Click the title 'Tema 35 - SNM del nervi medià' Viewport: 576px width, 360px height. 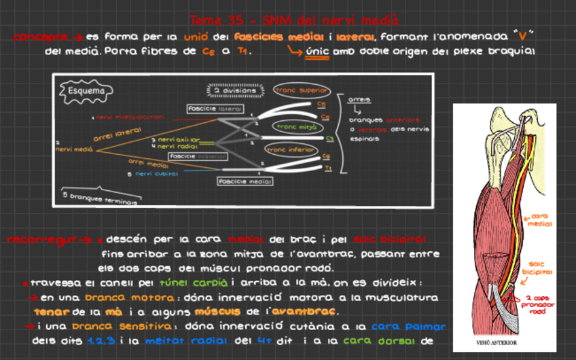[294, 20]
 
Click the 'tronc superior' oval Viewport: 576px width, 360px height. [300, 90]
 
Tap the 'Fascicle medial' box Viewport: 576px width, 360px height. [245, 181]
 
